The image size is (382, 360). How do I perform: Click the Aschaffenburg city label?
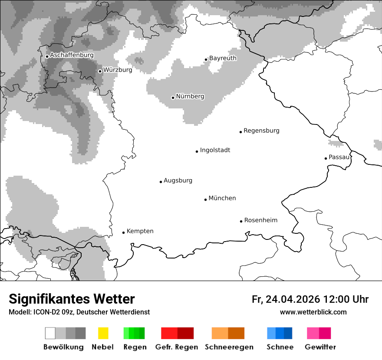coord(72,56)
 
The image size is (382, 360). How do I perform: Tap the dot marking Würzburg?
coord(100,71)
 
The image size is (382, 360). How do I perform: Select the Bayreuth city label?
coord(223,58)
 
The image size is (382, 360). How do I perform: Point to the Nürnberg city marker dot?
coord(173,98)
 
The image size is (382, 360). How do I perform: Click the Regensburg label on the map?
coord(261,131)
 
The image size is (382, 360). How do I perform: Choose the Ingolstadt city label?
coord(215,151)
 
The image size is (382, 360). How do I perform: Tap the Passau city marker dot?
coord(326,158)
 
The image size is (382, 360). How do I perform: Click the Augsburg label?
coord(178,180)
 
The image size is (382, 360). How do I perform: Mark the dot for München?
coord(206,200)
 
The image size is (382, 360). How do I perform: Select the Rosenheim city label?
coord(260,220)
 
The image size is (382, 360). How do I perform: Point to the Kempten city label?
coord(140,231)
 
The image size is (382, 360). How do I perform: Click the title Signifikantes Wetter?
coord(72,299)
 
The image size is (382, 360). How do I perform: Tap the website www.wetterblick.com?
coord(313,312)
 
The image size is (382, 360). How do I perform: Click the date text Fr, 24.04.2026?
coord(286,299)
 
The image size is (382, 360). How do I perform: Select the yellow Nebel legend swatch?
coord(103,333)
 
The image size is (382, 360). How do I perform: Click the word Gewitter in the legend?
coord(320,347)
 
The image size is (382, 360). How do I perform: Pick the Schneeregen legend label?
coord(229,347)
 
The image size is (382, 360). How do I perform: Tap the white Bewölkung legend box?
coord(50,333)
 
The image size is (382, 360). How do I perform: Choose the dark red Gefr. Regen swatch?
coord(185,333)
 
